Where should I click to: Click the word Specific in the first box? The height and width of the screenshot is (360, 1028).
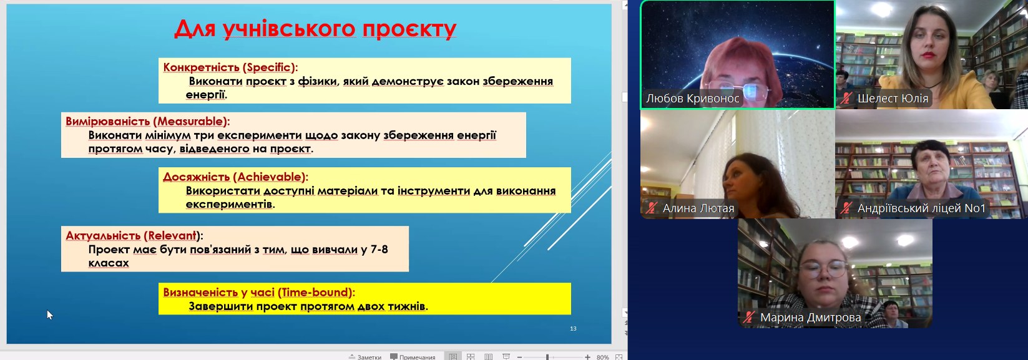(x=269, y=67)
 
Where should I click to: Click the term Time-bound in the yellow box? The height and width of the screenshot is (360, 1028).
(x=316, y=293)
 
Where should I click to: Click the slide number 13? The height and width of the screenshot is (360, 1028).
(x=573, y=328)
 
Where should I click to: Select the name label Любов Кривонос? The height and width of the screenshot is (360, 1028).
(x=693, y=99)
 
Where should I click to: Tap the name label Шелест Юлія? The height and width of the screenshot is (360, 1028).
(x=893, y=99)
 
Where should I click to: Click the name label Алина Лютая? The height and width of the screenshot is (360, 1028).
(x=698, y=208)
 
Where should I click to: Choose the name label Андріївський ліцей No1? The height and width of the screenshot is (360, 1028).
(x=921, y=208)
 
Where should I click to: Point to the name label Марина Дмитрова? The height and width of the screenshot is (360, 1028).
(x=810, y=318)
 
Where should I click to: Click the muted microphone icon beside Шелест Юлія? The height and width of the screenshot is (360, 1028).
(x=846, y=98)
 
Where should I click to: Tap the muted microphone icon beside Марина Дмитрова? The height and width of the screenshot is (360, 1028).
(x=749, y=317)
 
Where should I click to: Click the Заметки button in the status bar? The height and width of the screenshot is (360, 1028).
(x=365, y=357)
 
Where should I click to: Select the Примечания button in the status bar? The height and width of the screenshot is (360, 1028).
(x=413, y=357)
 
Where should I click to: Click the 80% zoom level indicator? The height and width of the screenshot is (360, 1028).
(x=602, y=357)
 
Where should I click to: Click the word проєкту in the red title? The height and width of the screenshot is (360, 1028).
(x=409, y=29)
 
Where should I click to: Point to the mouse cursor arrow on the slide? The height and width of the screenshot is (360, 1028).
(x=50, y=314)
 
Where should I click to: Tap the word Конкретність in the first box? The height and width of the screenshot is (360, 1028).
(x=202, y=67)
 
